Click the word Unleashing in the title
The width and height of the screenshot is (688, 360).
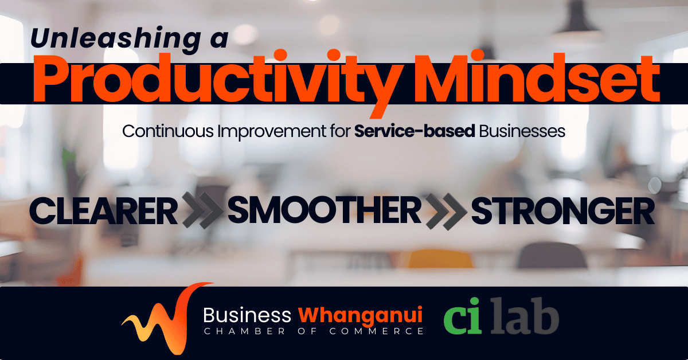115,39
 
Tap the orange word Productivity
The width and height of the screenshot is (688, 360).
217,81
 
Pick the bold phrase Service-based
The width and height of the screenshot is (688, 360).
415,131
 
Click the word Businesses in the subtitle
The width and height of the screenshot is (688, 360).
522,131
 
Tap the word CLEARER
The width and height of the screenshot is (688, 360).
104,212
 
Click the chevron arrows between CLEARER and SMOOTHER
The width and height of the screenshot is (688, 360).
203,210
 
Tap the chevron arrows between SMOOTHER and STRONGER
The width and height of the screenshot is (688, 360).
446,212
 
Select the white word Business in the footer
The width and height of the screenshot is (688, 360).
247,315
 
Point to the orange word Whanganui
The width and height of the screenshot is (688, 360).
360,316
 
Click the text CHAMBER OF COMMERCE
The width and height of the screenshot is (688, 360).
314,331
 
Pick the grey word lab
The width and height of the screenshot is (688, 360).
525,315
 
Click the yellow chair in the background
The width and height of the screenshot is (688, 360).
440,259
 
